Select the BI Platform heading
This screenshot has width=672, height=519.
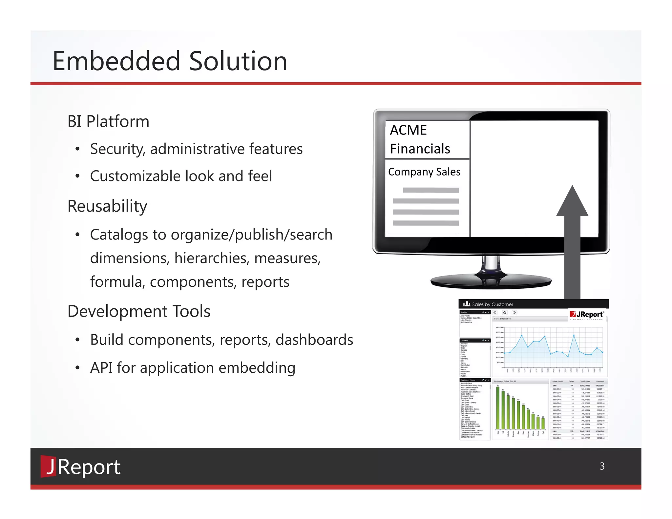[108, 121]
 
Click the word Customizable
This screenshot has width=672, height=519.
[135, 176]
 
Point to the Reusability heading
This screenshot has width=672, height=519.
[107, 206]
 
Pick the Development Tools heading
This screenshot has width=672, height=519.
[139, 311]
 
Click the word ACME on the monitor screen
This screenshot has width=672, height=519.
[408, 130]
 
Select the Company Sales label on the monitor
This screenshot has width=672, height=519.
[424, 172]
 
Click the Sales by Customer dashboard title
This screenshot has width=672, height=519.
[492, 304]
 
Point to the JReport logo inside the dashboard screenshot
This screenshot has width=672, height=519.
[587, 315]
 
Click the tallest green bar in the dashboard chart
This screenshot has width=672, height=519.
[498, 408]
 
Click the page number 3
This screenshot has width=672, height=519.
[602, 466]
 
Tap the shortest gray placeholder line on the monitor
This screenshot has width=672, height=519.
[430, 190]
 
